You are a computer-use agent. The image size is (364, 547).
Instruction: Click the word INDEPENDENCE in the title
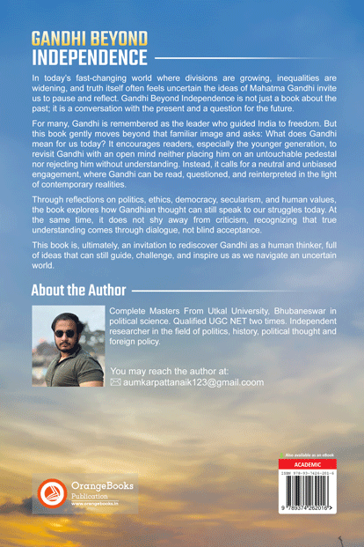pos(88,58)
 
